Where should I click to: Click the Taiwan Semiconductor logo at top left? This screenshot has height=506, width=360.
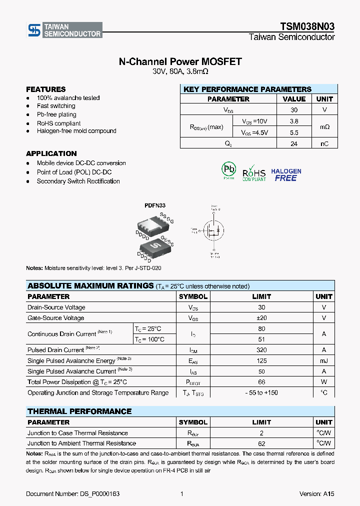[64, 30]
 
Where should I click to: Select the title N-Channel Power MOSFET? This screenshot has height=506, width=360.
[180, 61]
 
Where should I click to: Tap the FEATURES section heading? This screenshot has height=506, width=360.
[46, 89]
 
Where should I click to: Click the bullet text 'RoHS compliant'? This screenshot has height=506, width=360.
[58, 123]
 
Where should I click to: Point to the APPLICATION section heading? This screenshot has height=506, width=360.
[51, 153]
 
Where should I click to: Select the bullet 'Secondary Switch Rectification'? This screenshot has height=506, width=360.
[78, 181]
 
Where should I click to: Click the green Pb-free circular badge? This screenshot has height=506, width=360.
[228, 169]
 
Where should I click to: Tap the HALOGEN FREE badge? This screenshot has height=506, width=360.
[286, 174]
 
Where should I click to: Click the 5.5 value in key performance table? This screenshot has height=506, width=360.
[294, 132]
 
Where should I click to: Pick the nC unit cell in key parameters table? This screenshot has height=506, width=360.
[324, 144]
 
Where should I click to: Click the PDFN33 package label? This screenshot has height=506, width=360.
[155, 205]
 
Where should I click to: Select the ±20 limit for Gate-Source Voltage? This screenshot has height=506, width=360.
[261, 318]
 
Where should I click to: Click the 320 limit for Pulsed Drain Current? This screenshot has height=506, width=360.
[261, 350]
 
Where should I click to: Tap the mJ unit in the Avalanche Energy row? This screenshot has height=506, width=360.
[324, 361]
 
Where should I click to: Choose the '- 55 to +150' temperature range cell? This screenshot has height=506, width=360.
[261, 393]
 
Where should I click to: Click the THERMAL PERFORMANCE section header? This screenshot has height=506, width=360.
[79, 411]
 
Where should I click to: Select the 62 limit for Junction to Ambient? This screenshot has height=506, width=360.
[261, 443]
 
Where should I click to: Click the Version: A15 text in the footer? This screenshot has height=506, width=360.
[316, 494]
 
